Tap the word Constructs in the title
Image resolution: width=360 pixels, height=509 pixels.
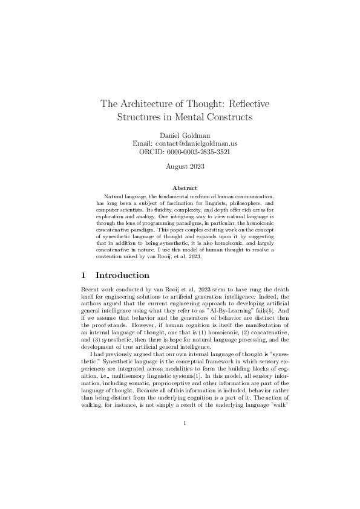click(227, 116)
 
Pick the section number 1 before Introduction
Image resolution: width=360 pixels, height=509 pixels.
click(85, 275)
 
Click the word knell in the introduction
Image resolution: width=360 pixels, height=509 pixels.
click(88, 296)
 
